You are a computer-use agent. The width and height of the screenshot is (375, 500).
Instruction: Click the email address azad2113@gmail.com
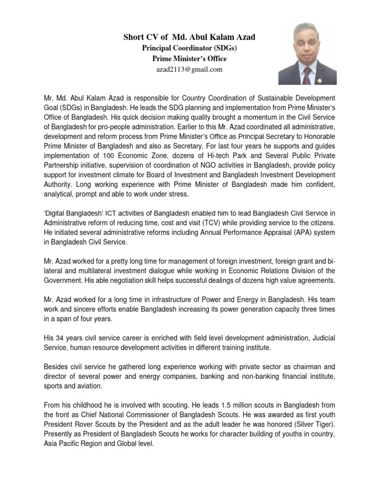[189, 69]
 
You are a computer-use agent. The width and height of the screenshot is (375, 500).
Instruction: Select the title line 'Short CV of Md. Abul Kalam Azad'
[189, 37]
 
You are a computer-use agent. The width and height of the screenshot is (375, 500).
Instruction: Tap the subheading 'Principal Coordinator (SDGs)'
[189, 48]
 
